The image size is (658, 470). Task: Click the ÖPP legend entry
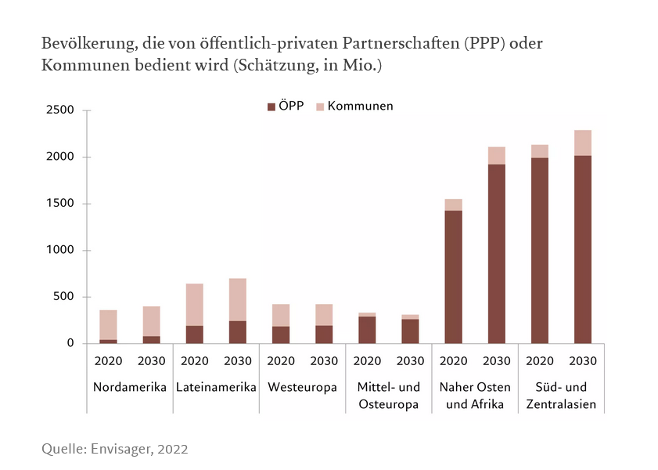(x=286, y=106)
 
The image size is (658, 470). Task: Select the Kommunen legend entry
(x=354, y=106)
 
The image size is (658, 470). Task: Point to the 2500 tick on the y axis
(x=59, y=110)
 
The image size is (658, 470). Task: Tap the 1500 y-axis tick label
(x=59, y=204)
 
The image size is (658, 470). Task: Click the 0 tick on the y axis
(x=70, y=343)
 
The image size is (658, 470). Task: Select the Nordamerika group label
(x=130, y=387)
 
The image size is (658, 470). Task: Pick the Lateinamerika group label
(x=216, y=387)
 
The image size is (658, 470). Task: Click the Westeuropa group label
(x=302, y=387)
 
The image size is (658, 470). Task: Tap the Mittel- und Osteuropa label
(x=388, y=396)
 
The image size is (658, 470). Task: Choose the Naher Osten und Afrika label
(x=475, y=396)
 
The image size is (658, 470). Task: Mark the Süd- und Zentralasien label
(x=561, y=396)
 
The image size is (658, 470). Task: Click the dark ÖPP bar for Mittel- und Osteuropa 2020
(x=367, y=330)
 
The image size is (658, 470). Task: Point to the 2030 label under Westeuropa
(x=324, y=361)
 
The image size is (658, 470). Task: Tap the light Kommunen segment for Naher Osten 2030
(x=496, y=155)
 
